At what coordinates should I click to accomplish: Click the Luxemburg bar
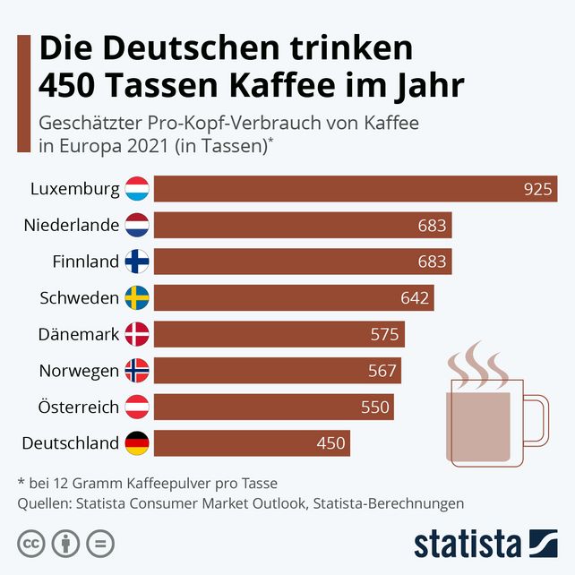tap(356, 189)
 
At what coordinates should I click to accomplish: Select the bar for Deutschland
tap(252, 443)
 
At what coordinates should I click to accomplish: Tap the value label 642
tap(415, 298)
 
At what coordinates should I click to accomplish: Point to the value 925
tap(537, 189)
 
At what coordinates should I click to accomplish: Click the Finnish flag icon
tap(137, 262)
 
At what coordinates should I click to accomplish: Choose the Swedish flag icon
tap(137, 298)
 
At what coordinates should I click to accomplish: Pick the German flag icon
tap(137, 443)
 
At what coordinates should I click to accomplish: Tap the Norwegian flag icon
tap(137, 371)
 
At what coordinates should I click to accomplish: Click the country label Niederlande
tap(72, 226)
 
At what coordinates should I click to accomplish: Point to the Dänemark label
tap(79, 335)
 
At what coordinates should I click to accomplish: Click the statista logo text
tap(467, 544)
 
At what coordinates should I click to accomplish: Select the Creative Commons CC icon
tap(31, 543)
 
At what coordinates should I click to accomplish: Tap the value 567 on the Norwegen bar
tap(382, 371)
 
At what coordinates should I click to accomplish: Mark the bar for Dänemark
tap(279, 335)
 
